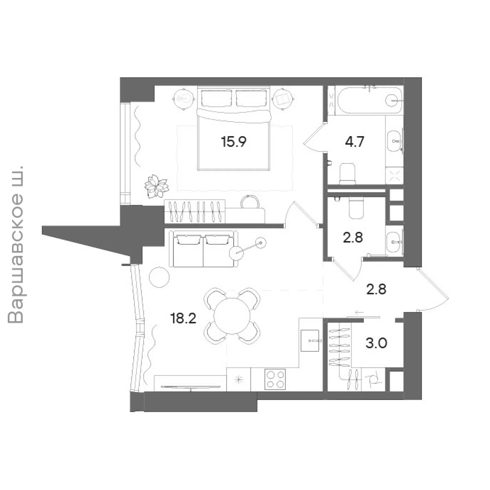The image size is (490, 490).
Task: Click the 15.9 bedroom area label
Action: [234, 142]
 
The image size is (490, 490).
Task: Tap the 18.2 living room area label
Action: [183, 318]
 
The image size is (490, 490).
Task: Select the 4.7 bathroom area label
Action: [354, 142]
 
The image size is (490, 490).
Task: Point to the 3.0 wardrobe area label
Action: [376, 343]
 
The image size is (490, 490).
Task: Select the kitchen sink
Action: [310, 340]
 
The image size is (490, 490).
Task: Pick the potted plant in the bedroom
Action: [156, 187]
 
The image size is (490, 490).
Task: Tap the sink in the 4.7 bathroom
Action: [395, 141]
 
